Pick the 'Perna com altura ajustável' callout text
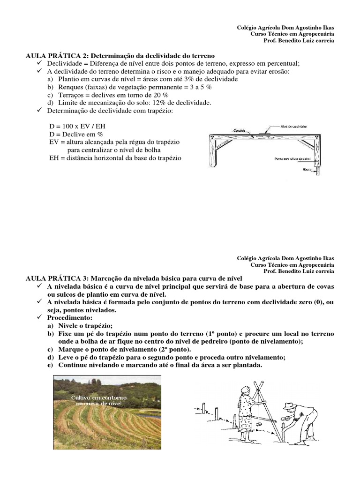pyautogui.click(x=292, y=158)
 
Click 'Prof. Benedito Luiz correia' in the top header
pyautogui.click(x=299, y=41)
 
